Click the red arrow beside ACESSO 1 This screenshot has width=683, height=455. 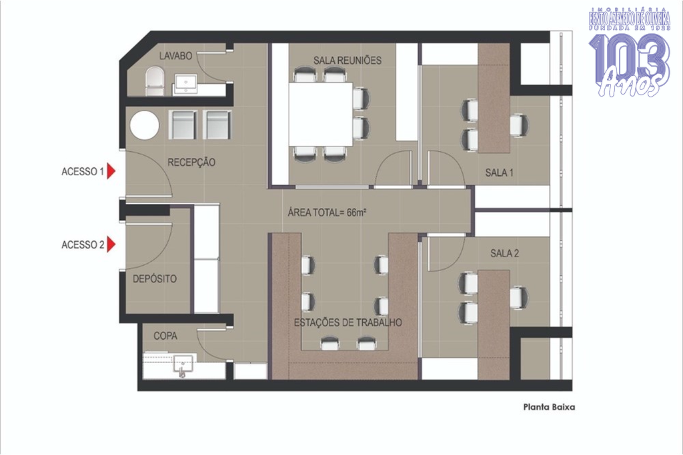tap(111, 171)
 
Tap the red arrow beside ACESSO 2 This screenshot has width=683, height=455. tap(111, 244)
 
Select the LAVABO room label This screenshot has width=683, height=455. tap(175, 56)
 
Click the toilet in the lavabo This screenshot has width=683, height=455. tap(154, 81)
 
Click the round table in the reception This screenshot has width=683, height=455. tap(145, 125)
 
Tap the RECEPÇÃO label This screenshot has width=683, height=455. tap(191, 163)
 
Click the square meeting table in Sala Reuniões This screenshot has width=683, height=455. tap(321, 114)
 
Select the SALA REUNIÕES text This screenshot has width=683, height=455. tap(348, 60)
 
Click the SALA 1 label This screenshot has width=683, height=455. tap(499, 173)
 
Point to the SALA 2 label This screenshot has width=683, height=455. tap(504, 253)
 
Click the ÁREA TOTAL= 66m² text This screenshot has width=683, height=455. tap(327, 213)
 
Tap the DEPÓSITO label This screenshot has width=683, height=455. tap(155, 278)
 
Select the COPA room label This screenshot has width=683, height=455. tap(165, 336)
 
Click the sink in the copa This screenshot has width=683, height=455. tap(183, 365)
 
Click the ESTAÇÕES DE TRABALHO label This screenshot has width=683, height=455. tap(348, 322)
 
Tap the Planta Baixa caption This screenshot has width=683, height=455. tap(549, 407)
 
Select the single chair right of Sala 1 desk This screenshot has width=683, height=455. tap(519, 125)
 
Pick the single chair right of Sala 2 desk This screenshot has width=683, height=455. tap(519, 298)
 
